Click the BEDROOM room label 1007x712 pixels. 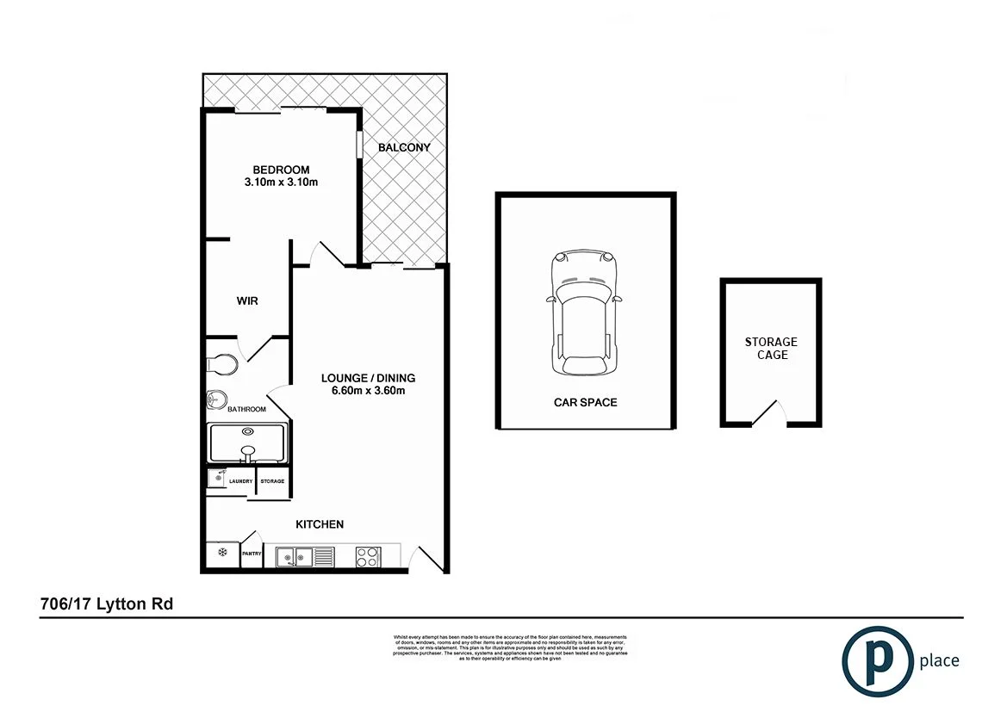[x=281, y=170]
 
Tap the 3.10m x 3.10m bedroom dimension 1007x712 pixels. [x=281, y=183]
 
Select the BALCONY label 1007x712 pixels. [x=404, y=147]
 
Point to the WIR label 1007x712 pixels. [x=247, y=301]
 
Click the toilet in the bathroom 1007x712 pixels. [x=222, y=364]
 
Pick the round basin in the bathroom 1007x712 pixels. [x=216, y=399]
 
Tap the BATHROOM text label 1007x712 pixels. [x=246, y=409]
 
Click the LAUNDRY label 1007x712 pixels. [x=240, y=481]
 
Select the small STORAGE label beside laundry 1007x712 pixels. [x=272, y=481]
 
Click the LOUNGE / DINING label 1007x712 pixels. [x=368, y=378]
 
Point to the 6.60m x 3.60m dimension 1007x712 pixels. [x=368, y=390]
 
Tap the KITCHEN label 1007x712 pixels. [x=320, y=524]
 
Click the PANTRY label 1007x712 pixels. [x=252, y=554]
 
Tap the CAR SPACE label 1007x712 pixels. [x=585, y=402]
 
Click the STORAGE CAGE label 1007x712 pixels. [x=771, y=348]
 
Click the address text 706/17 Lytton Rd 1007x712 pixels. [x=107, y=604]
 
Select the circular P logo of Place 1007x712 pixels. [x=877, y=660]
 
